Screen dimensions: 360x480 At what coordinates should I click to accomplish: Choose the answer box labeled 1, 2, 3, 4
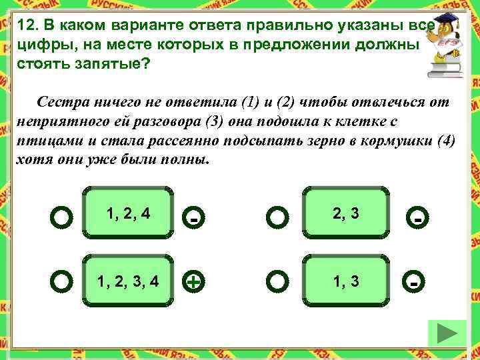click(129, 281)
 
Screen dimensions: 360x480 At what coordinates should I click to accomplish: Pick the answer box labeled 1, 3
click(345, 281)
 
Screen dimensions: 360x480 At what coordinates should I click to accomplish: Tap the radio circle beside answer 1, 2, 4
click(61, 217)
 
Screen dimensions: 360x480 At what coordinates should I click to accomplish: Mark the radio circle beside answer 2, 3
click(277, 217)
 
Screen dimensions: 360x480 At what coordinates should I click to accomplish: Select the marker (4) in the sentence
click(442, 142)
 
